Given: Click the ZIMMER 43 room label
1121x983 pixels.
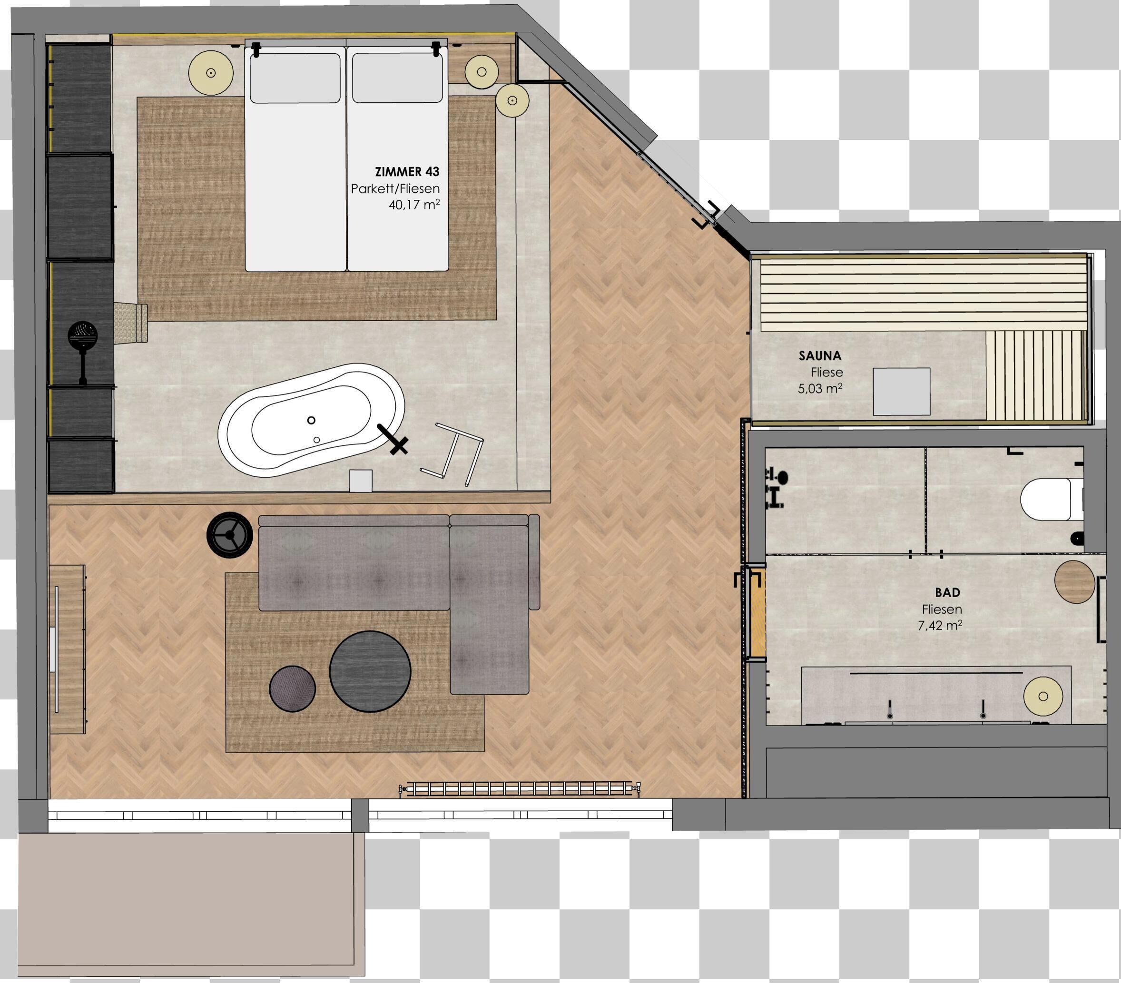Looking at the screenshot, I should [x=407, y=172].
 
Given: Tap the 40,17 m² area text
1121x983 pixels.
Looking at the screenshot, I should [x=413, y=205].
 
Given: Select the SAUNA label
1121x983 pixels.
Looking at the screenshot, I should [x=819, y=355].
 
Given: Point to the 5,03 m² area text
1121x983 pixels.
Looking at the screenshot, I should [x=819, y=388].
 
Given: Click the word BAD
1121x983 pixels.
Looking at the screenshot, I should [x=947, y=592].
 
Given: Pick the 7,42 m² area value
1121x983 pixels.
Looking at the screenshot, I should [x=939, y=625].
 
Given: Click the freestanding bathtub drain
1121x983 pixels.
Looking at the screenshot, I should [x=312, y=420].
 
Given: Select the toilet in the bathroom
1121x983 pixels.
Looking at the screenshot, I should [x=1046, y=499].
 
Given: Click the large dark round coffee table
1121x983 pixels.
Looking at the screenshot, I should [x=370, y=671].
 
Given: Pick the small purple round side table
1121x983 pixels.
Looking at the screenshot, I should [x=292, y=688].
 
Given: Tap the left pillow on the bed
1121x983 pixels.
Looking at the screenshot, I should [x=295, y=78].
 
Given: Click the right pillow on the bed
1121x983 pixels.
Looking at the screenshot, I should [x=397, y=78].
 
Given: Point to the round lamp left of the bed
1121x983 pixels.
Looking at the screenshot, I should [x=211, y=72].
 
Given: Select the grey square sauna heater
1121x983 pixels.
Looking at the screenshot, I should [x=901, y=392].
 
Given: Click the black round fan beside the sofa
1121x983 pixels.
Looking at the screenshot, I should [x=230, y=535].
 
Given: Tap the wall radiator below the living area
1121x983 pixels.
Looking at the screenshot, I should [x=520, y=789].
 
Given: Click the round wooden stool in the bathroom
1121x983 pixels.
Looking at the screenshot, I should [x=1074, y=581].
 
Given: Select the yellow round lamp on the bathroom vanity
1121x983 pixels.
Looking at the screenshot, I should [x=1042, y=696].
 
